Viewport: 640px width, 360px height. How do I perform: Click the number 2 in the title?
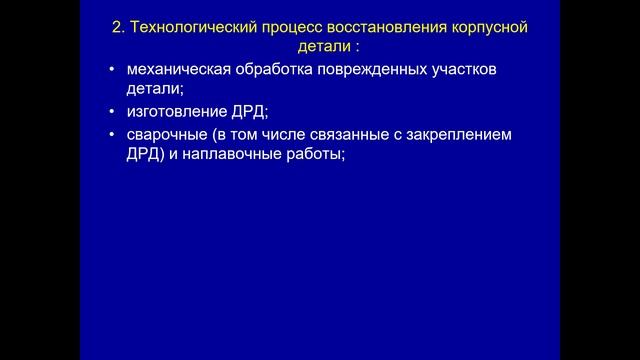(116, 28)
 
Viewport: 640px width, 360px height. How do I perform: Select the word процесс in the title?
(284, 28)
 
